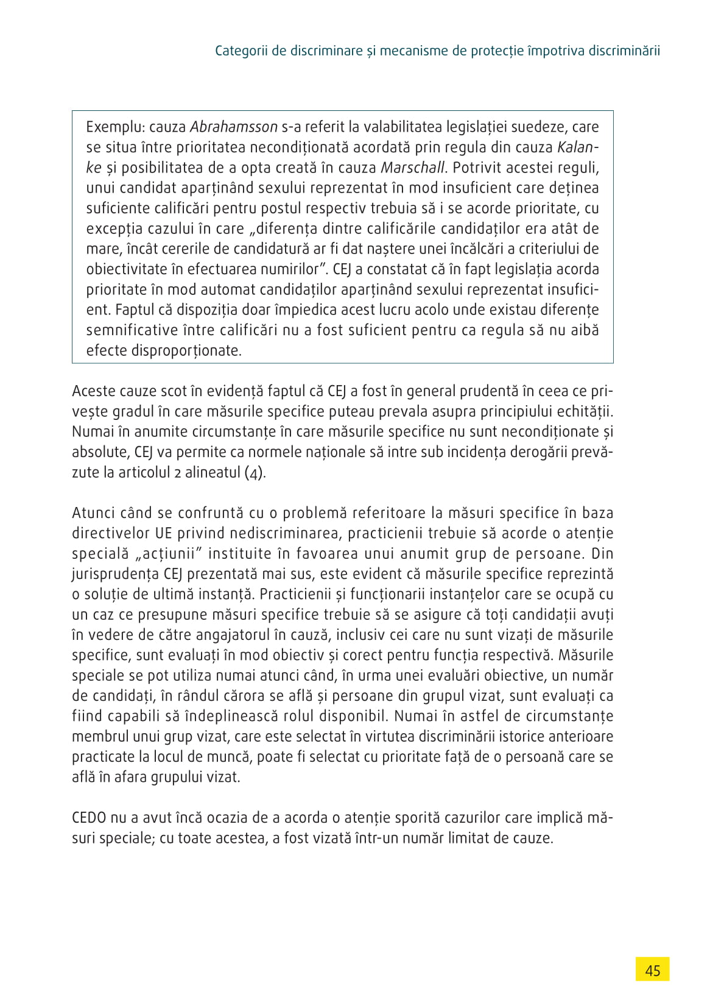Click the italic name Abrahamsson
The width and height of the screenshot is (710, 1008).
(x=234, y=127)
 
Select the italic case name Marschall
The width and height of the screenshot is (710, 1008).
(x=412, y=168)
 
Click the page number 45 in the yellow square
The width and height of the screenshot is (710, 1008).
(x=652, y=970)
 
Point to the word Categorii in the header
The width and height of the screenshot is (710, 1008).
(x=242, y=51)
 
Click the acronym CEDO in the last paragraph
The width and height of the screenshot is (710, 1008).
(x=89, y=818)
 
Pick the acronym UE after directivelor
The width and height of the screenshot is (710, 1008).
(x=163, y=533)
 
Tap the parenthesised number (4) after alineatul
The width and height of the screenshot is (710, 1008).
(x=255, y=473)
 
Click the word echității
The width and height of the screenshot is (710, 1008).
(x=583, y=411)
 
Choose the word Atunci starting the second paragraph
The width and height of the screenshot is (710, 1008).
(x=92, y=513)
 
